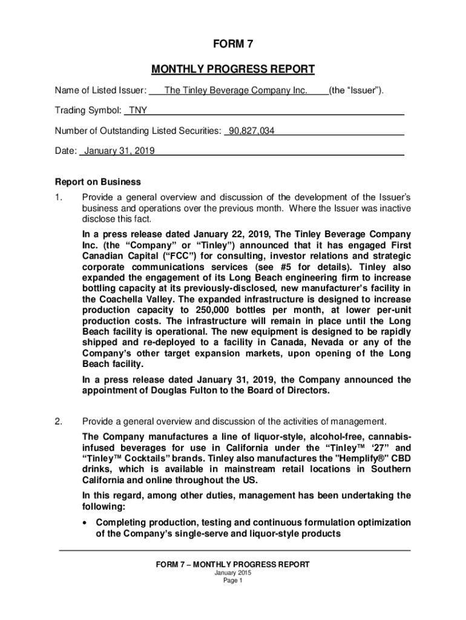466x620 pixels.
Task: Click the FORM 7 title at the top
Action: [232, 45]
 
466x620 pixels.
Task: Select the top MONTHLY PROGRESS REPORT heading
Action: [232, 69]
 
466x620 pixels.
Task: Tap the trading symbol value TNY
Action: [135, 111]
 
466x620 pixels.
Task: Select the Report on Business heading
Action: [97, 182]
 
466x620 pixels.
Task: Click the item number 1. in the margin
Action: [58, 197]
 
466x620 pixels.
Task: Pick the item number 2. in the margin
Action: [58, 421]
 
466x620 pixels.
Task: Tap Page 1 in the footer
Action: [232, 581]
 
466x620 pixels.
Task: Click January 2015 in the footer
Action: [232, 573]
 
